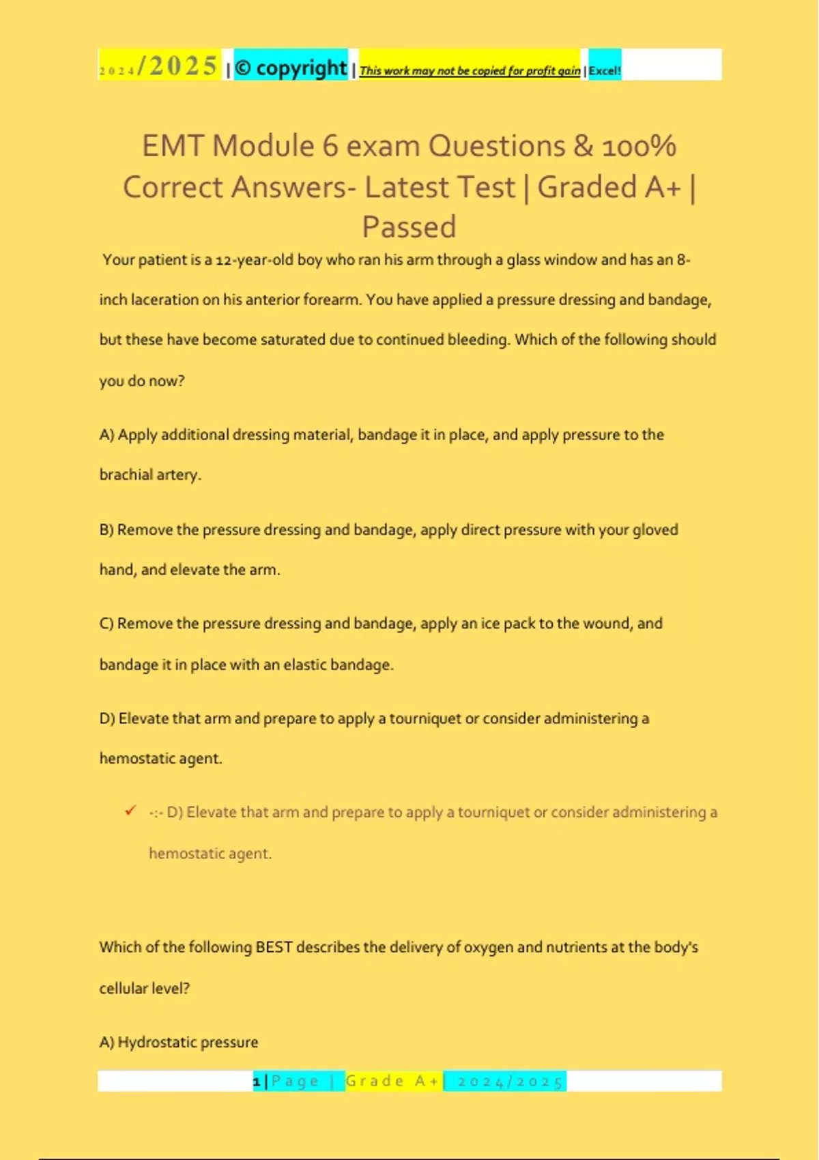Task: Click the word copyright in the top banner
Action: point(301,68)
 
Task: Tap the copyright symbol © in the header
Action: point(243,68)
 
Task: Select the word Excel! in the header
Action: point(605,70)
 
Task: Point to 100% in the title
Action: point(639,146)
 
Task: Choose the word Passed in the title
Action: point(409,227)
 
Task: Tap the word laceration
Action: point(164,300)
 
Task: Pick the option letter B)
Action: point(106,530)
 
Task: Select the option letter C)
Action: point(106,624)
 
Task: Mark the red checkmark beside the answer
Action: point(130,811)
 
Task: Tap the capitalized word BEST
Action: point(274,947)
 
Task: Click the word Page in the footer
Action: point(295,1081)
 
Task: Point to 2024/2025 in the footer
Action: point(510,1082)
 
